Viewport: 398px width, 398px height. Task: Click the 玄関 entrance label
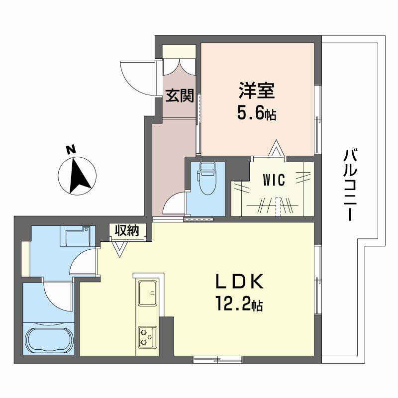[180, 96]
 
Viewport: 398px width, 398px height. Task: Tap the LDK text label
[238, 282]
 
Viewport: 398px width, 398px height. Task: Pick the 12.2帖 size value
[239, 303]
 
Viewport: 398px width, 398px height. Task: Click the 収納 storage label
[127, 230]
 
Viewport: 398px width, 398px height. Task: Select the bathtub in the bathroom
[48, 340]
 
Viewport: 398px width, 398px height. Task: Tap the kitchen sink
[147, 293]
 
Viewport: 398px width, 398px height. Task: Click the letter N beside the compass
[71, 149]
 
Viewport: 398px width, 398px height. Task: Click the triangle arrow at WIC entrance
[276, 149]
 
